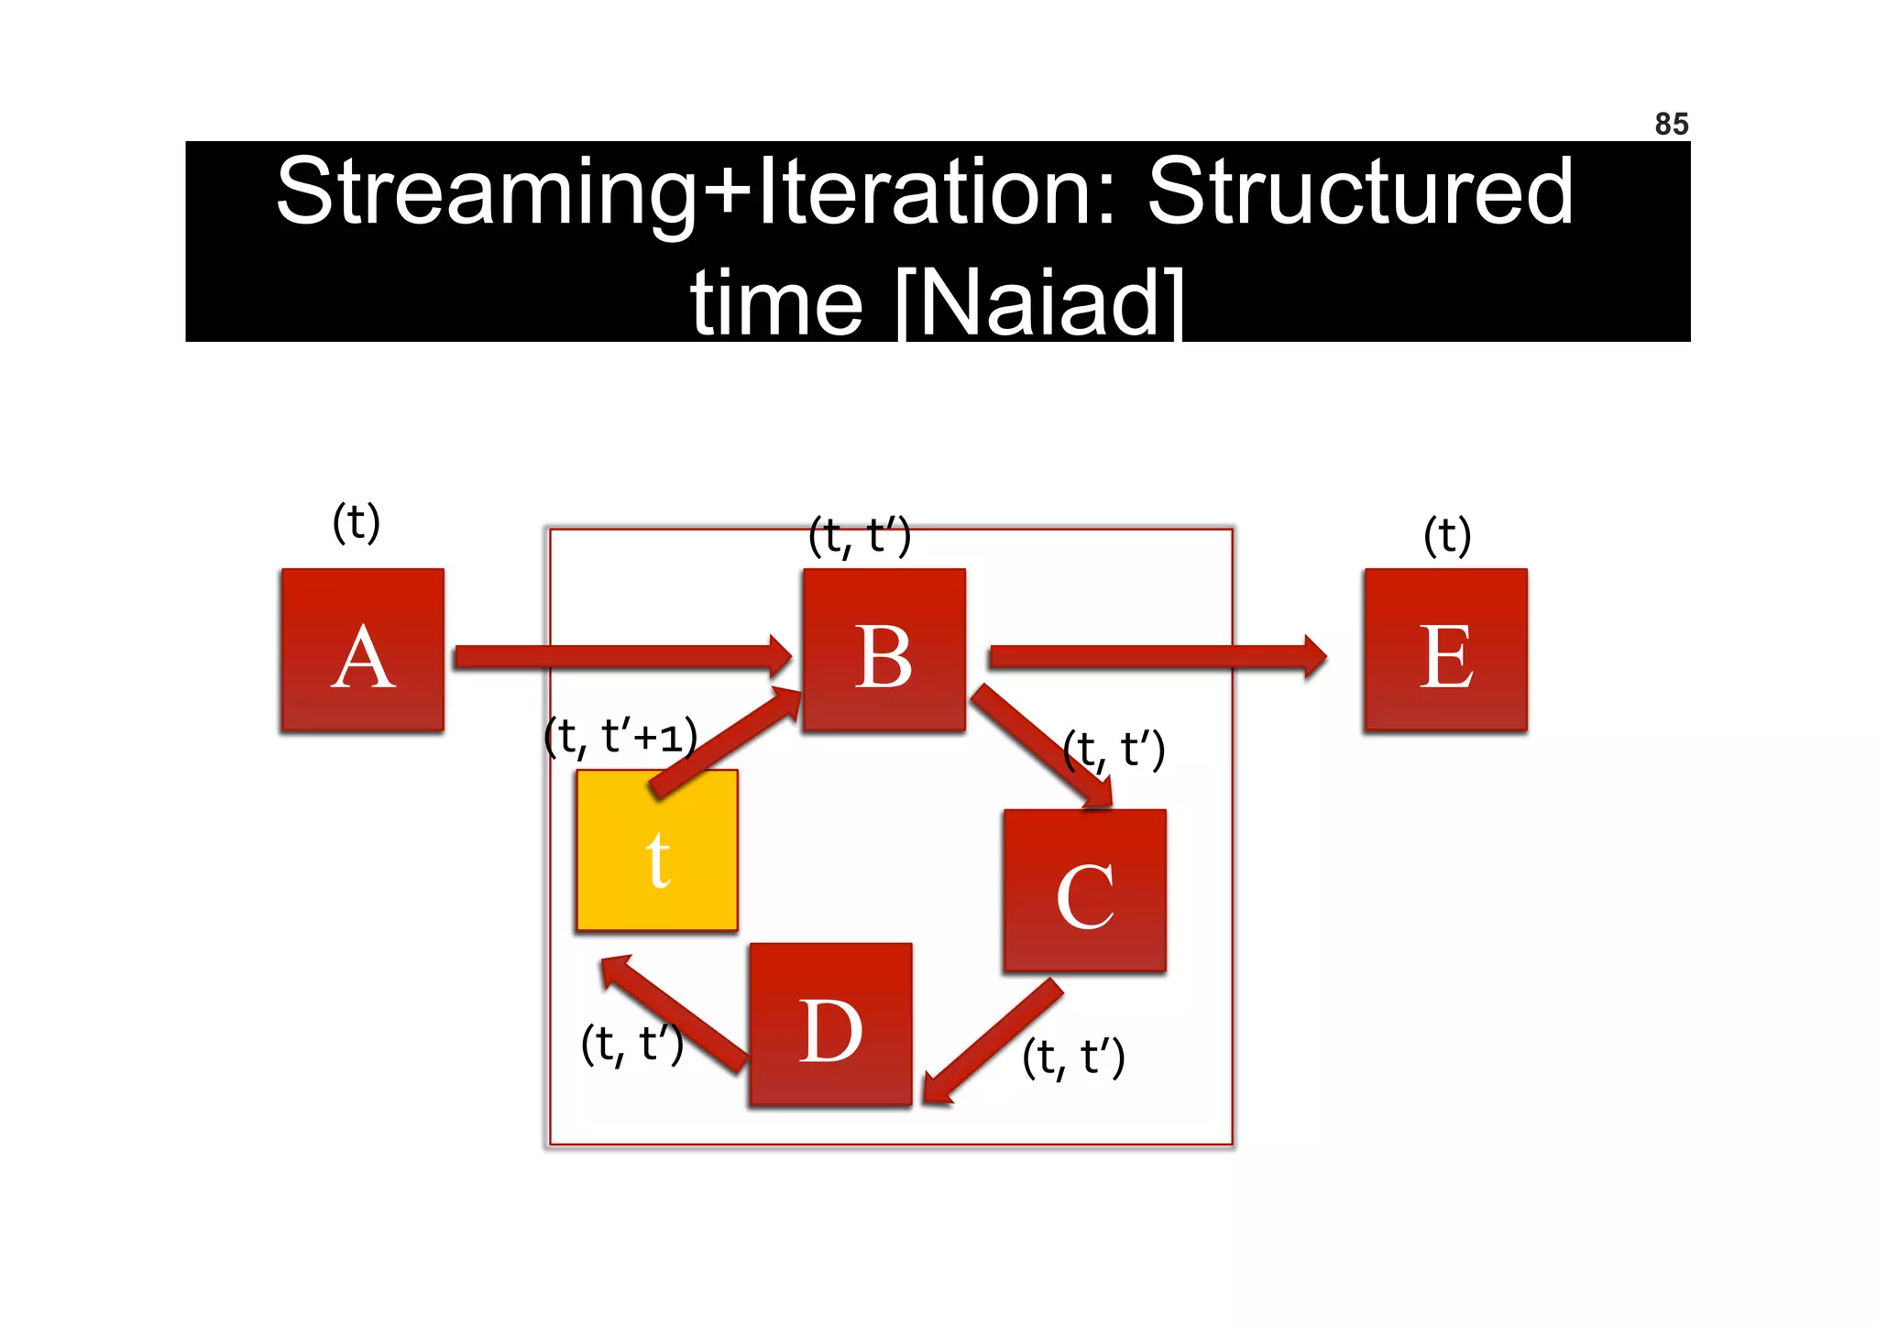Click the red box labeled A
click(x=363, y=650)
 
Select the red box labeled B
click(x=884, y=650)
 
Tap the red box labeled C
click(x=1084, y=890)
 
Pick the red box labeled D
click(x=830, y=1025)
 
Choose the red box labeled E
click(x=1445, y=650)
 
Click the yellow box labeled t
click(x=657, y=850)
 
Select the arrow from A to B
click(x=623, y=656)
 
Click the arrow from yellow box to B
click(x=725, y=742)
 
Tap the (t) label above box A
click(x=356, y=522)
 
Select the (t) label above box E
click(x=1447, y=535)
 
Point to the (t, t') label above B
click(x=859, y=536)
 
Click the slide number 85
click(x=1671, y=124)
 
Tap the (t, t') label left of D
click(x=631, y=1044)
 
